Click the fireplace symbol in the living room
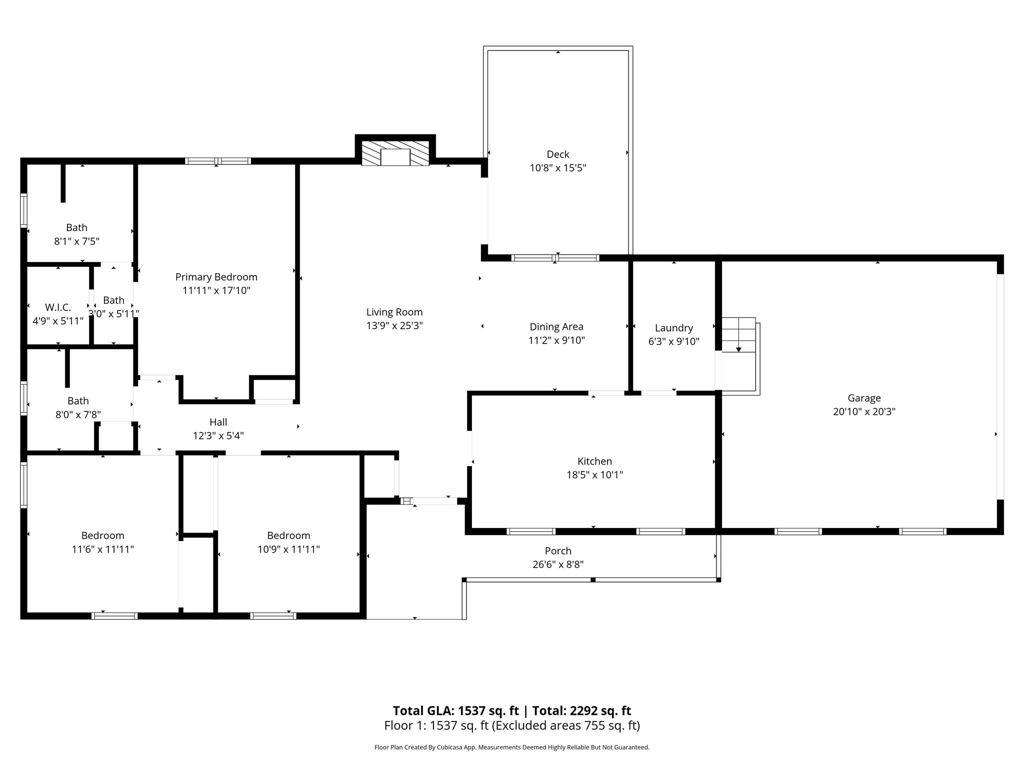(x=395, y=153)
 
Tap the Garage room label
(x=863, y=398)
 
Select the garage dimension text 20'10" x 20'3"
(x=863, y=412)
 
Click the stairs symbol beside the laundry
(x=738, y=334)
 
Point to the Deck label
(x=557, y=154)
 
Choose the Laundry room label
(x=673, y=328)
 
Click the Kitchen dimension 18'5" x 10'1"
(x=594, y=475)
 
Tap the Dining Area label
(x=556, y=326)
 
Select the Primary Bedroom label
(x=216, y=277)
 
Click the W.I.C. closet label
(x=58, y=307)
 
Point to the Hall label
(x=218, y=422)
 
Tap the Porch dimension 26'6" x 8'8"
(x=557, y=564)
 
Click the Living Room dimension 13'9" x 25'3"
(x=394, y=325)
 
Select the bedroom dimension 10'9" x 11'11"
(x=288, y=549)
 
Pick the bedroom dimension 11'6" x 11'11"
(x=102, y=549)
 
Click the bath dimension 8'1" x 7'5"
(x=76, y=241)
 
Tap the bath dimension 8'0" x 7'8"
(x=78, y=414)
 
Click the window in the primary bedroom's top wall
(x=217, y=161)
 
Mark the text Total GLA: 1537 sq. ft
(x=455, y=710)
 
